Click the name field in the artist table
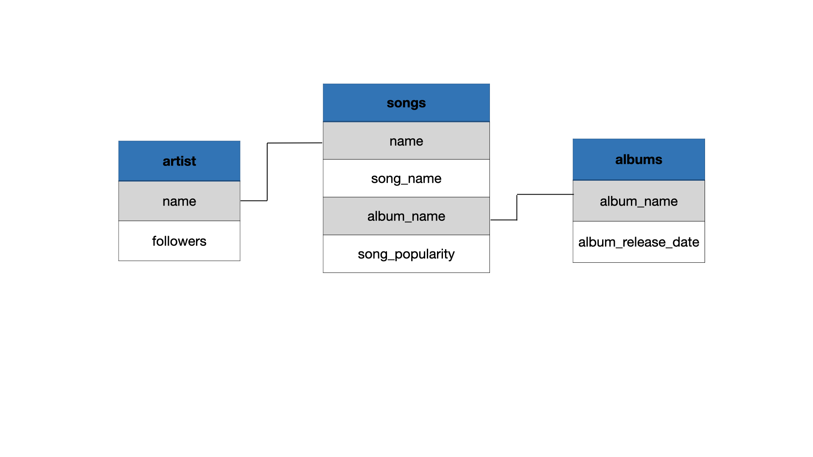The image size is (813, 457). pos(179,201)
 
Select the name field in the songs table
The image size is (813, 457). pos(406,141)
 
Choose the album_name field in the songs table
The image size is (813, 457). pos(406,216)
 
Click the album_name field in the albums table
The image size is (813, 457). pos(639,201)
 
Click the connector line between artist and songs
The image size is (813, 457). pos(267,171)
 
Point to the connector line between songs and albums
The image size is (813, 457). pos(517,207)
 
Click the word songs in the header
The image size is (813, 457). pos(406,103)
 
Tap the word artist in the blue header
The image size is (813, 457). pos(179,161)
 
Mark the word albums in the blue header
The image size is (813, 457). pos(639,160)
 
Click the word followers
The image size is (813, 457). pos(179,241)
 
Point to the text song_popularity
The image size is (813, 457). pos(406,254)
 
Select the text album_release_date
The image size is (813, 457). pos(639,242)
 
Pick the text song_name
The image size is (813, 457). pos(406,179)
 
